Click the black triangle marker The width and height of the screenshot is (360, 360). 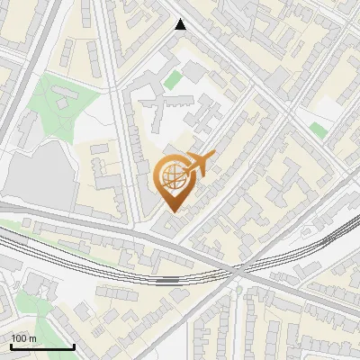[181, 25]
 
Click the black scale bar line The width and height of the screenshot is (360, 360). [41, 346]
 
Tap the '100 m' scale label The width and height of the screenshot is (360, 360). [24, 338]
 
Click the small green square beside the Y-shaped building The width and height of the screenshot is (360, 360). [172, 81]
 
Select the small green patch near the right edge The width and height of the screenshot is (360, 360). [318, 130]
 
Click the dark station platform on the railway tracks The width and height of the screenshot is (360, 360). [167, 280]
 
